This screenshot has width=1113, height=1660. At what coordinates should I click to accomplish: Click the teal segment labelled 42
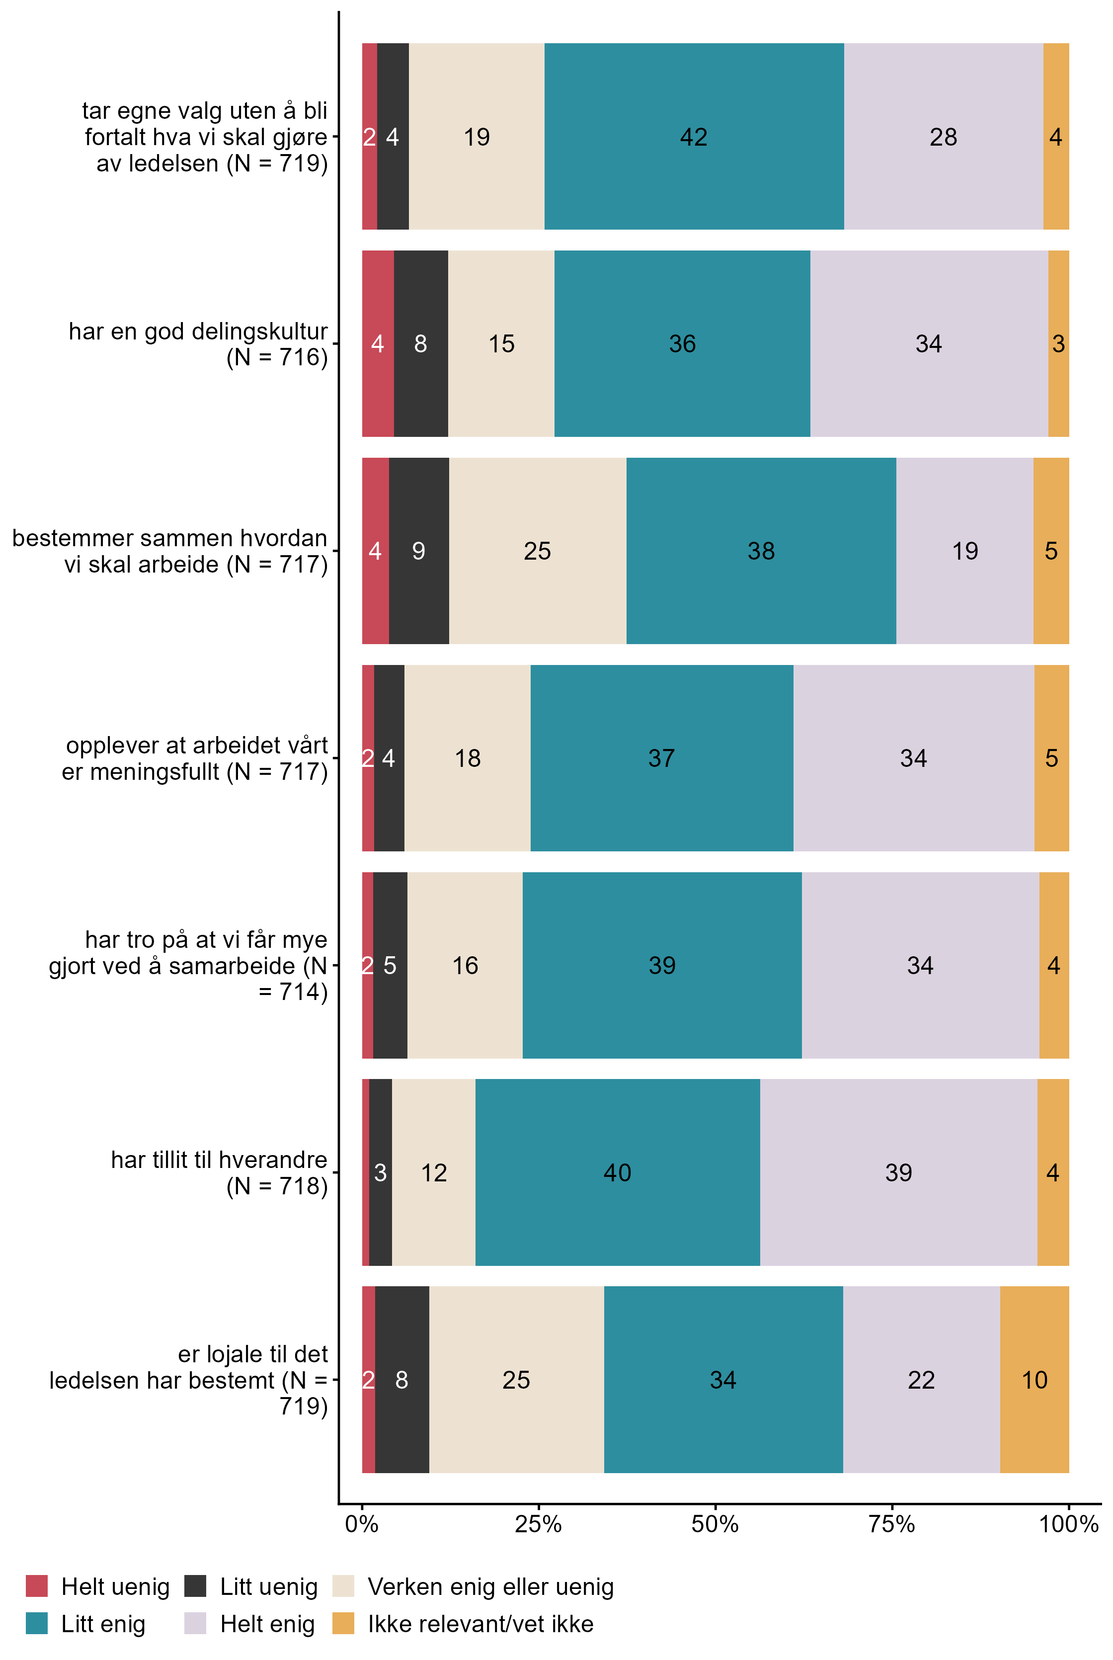tap(694, 136)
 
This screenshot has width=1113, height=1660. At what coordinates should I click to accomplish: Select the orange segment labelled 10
tap(1034, 1380)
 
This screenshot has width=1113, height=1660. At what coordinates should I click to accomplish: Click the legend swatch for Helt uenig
tap(37, 1586)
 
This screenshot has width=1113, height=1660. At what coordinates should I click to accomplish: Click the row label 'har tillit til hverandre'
tap(219, 1172)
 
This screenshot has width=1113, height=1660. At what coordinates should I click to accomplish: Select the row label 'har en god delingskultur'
tap(198, 343)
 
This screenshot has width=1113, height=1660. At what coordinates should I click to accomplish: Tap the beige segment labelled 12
tap(434, 1172)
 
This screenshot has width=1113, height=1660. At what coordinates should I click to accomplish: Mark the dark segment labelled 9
tap(419, 551)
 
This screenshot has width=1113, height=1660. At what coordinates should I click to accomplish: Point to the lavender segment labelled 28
tap(944, 136)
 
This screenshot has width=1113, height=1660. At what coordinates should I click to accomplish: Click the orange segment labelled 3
tap(1058, 343)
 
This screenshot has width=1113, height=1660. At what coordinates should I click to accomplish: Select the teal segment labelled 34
tap(723, 1380)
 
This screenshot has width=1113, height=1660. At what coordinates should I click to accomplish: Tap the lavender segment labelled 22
tap(921, 1380)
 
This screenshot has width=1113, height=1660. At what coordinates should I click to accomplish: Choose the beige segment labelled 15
tap(501, 343)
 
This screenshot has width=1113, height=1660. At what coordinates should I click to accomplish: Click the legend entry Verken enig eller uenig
tap(490, 1586)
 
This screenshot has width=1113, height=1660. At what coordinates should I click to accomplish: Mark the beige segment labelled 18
tap(468, 758)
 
